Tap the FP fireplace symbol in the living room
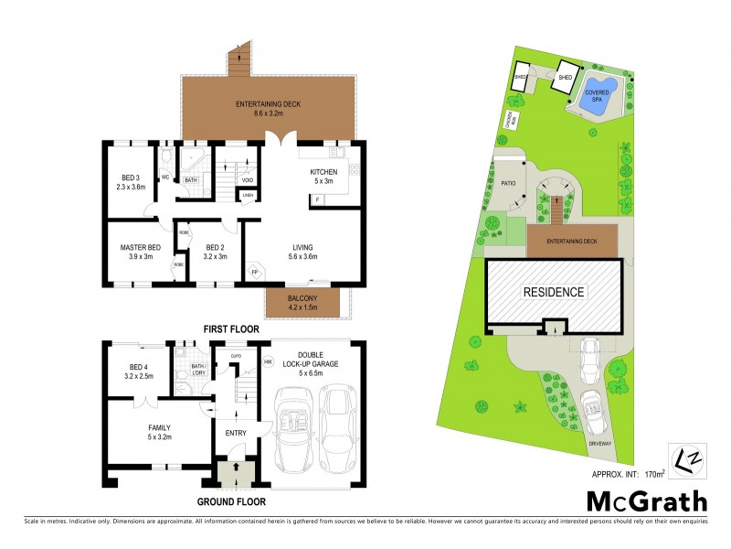tap(255, 273)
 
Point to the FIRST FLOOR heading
tap(231, 328)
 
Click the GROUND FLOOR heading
tap(232, 501)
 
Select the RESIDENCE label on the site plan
tap(553, 292)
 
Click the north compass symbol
tap(684, 459)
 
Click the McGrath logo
tap(646, 501)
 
